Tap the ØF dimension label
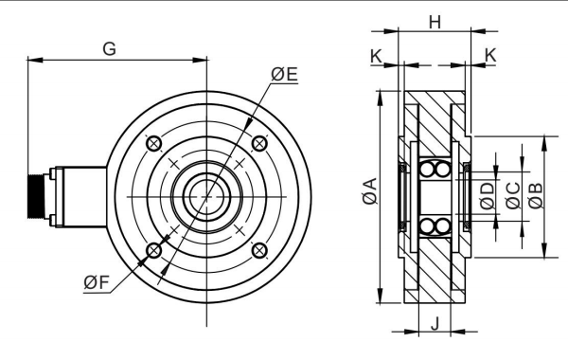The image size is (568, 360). (x=97, y=281)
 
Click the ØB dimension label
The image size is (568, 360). (x=535, y=194)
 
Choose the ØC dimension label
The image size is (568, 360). (x=512, y=194)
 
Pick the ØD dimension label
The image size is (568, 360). (x=488, y=195)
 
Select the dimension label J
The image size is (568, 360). (x=435, y=323)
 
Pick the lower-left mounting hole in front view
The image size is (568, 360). (x=151, y=250)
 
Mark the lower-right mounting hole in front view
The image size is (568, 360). (x=258, y=250)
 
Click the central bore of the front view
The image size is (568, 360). (x=204, y=196)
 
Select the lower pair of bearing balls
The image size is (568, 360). (x=434, y=225)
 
